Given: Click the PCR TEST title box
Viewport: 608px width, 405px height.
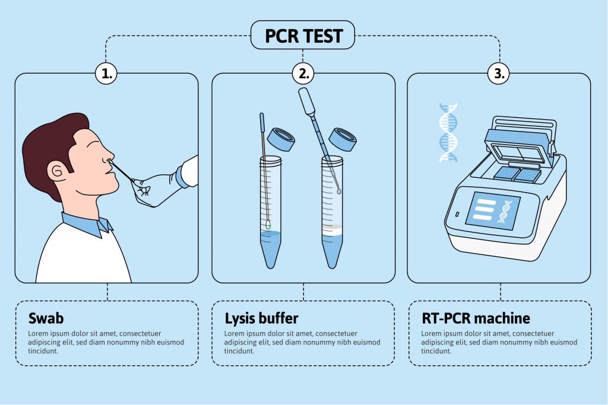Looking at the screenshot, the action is pyautogui.click(x=303, y=35).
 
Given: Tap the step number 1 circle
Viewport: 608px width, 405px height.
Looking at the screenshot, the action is pyautogui.click(x=106, y=73).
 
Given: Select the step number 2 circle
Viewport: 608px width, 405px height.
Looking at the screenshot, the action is pyautogui.click(x=303, y=73).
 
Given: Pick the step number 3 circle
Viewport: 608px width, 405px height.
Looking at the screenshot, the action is pyautogui.click(x=499, y=73).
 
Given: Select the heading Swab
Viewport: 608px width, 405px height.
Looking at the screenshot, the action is pyautogui.click(x=46, y=318).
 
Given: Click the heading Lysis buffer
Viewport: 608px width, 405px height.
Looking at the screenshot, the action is pyautogui.click(x=262, y=318).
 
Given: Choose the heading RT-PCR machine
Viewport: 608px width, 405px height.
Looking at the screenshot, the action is pyautogui.click(x=476, y=318).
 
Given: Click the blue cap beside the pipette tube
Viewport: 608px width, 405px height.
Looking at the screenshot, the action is pyautogui.click(x=343, y=139).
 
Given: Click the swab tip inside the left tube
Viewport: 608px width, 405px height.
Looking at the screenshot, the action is pyautogui.click(x=268, y=224).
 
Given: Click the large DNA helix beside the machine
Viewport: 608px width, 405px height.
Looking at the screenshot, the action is pyautogui.click(x=448, y=132).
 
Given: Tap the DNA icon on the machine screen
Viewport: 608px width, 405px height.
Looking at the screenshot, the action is pyautogui.click(x=505, y=212).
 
